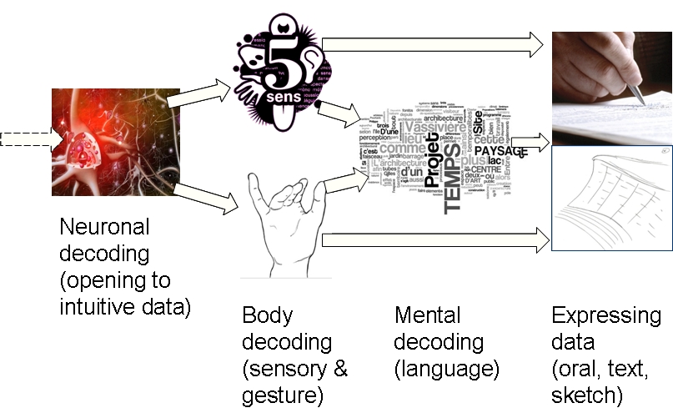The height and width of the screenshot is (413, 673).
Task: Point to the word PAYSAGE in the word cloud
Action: pyautogui.click(x=500, y=151)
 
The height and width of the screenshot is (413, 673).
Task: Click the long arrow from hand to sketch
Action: pyautogui.click(x=434, y=241)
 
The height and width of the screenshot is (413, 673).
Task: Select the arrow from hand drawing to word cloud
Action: pyautogui.click(x=346, y=179)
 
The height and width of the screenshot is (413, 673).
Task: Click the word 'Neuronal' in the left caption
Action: pyautogui.click(x=104, y=227)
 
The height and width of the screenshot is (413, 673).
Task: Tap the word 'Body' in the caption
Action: pyautogui.click(x=267, y=315)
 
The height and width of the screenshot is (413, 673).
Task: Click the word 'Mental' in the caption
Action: pyautogui.click(x=428, y=315)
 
